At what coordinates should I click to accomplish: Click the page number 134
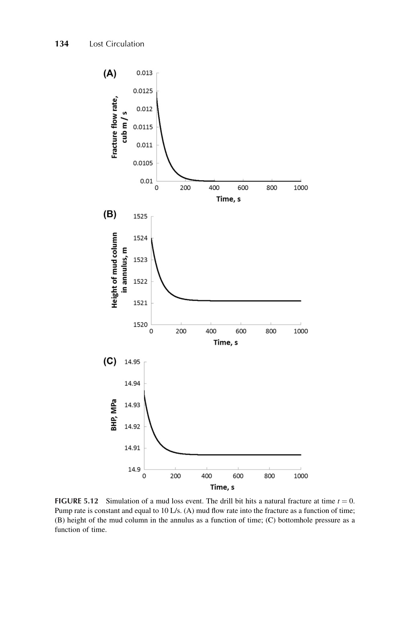point(62,44)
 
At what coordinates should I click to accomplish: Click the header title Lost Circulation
point(116,44)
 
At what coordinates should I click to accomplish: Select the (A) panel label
point(110,74)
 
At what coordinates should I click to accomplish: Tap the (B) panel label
point(110,214)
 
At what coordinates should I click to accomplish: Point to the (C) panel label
point(110,361)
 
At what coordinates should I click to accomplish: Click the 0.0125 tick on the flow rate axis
point(143,91)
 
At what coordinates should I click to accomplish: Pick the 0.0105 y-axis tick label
point(143,163)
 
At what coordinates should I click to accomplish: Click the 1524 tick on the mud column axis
point(140,238)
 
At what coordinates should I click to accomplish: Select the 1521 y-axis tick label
point(140,303)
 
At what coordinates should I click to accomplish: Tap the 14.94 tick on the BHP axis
point(132,384)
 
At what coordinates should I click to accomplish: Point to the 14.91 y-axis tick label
point(132,448)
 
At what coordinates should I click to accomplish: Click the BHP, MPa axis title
point(113,415)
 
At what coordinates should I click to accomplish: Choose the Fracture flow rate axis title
point(119,127)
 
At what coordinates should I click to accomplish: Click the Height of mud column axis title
point(119,270)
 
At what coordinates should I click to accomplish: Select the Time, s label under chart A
point(228,199)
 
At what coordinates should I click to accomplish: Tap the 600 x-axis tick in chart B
point(241,331)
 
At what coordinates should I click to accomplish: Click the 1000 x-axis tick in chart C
point(301,476)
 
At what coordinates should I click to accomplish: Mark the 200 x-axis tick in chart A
point(185,188)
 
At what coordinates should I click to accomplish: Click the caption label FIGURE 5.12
point(76,501)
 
